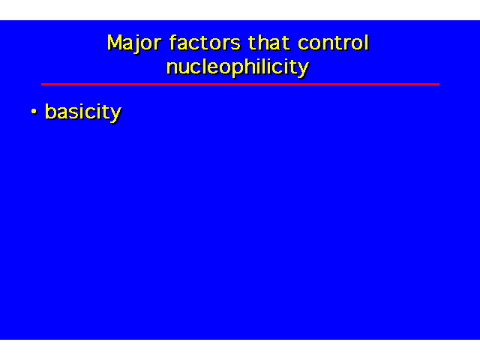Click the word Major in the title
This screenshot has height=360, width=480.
[x=133, y=43]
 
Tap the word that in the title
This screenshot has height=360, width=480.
[x=269, y=43]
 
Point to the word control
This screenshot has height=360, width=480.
[x=333, y=43]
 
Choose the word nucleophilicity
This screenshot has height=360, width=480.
[x=238, y=67]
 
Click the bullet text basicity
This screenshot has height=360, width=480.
[x=83, y=112]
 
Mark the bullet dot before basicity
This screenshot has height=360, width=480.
[x=34, y=112]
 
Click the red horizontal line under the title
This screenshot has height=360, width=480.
[x=240, y=84]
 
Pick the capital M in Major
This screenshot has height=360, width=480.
[x=115, y=42]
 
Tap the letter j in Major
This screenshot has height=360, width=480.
[x=136, y=44]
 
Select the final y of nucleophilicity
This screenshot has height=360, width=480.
[x=303, y=70]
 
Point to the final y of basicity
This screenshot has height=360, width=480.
[x=115, y=115]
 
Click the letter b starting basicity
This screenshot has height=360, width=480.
[x=51, y=111]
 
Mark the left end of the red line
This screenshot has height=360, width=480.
[x=42, y=84]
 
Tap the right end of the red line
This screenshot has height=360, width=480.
[x=439, y=84]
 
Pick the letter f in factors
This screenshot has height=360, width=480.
[x=173, y=42]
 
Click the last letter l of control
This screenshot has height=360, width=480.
[x=367, y=42]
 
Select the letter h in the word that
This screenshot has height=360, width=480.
[x=262, y=42]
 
